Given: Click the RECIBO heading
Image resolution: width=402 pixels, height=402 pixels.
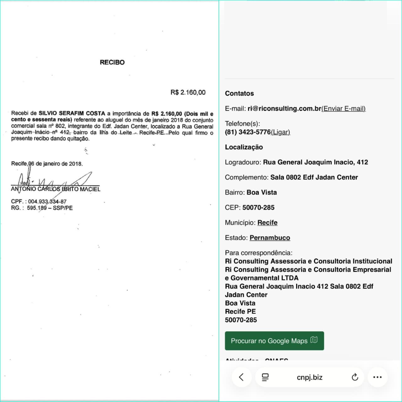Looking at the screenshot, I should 112,62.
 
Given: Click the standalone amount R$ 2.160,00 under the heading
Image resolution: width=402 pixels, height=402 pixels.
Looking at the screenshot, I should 188,92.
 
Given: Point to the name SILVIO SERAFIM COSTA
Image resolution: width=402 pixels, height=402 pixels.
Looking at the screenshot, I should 72,113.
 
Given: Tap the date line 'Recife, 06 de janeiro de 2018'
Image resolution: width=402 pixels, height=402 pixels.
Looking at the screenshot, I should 47,164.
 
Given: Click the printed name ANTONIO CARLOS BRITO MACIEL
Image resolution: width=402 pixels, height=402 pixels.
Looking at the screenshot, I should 56,189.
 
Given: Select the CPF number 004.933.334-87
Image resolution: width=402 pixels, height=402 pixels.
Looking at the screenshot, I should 47,201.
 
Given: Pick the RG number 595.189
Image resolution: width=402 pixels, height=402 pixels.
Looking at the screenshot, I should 37,208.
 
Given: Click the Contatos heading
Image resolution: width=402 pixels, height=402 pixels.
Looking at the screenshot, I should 239,93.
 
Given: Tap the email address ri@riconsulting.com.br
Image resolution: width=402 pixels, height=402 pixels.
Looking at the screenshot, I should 284,108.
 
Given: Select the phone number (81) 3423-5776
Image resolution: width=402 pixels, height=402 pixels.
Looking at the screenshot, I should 248,132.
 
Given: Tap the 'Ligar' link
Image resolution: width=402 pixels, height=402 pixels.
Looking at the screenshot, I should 280,132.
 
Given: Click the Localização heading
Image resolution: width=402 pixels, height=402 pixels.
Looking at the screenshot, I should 244,147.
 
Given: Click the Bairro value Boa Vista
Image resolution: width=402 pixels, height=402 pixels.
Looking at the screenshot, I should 262,192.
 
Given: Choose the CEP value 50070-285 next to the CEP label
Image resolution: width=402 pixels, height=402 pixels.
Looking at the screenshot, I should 258,207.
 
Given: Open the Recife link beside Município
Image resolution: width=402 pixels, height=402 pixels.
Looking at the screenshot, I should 267,222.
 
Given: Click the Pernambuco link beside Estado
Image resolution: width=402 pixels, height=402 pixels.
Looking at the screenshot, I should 270,237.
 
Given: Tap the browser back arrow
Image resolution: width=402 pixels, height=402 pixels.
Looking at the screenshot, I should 241,377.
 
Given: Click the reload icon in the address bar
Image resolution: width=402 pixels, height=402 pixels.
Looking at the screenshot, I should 355,377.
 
